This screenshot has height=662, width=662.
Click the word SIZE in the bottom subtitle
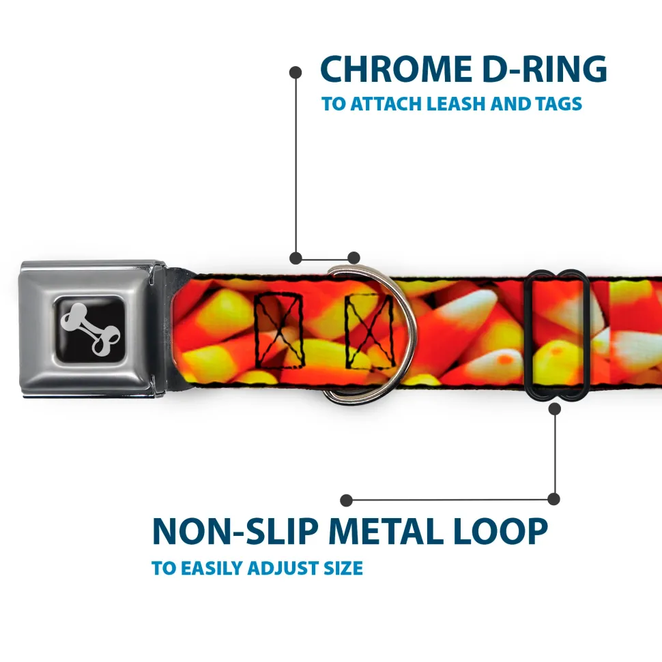click(343, 568)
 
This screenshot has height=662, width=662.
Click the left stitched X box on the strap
click(278, 329)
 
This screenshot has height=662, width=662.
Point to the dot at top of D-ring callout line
click(296, 72)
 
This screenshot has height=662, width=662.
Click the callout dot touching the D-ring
click(354, 258)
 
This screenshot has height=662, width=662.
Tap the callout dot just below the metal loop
click(555, 409)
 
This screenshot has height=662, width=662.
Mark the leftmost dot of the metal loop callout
click(347, 500)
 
